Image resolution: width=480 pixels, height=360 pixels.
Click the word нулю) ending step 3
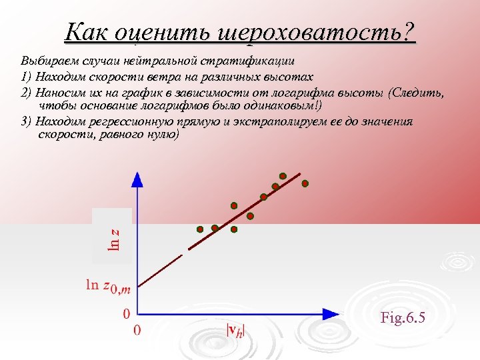(x=162, y=134)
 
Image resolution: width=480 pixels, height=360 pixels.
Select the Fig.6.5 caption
(x=403, y=317)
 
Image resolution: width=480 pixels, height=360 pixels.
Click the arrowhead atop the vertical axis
(x=137, y=178)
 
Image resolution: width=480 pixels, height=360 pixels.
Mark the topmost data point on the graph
(x=283, y=176)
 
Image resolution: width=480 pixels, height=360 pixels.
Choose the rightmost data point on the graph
(x=305, y=183)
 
